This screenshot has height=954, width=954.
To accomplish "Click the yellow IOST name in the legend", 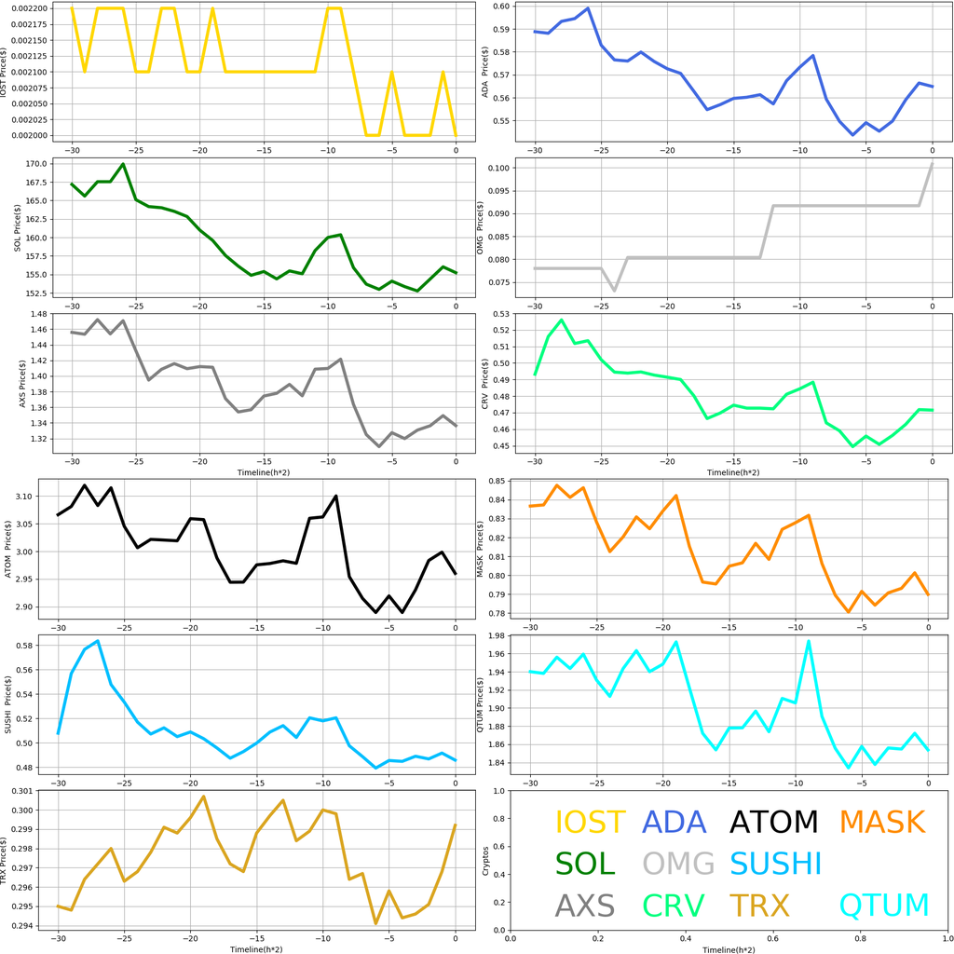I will pos(590,823).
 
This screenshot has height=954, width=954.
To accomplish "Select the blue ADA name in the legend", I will pos(675,823).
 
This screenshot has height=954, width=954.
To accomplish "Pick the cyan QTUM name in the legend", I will pos(884,906).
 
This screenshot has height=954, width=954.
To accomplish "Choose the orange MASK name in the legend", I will pos(881,823).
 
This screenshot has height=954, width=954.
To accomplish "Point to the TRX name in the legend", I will pos(758,906).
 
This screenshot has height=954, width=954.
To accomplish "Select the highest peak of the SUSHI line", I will pos(98,641).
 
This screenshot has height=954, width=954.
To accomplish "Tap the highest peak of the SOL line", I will pos(123,164).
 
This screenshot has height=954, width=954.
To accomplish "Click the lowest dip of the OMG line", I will pos(614,291).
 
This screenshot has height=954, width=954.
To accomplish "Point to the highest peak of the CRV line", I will pos(561,320).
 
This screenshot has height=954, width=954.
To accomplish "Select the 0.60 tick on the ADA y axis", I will pos(500,7).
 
